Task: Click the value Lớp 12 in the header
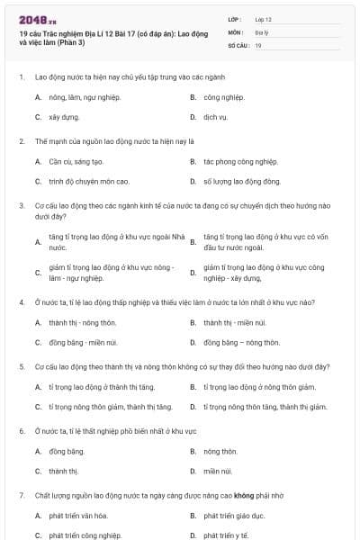[x=264, y=18]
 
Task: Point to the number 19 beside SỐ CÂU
[x=258, y=44]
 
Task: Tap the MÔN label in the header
[x=235, y=31]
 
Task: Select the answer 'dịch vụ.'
[x=216, y=117]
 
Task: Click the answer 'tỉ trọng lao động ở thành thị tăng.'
[x=102, y=387]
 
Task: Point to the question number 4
[x=22, y=302]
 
